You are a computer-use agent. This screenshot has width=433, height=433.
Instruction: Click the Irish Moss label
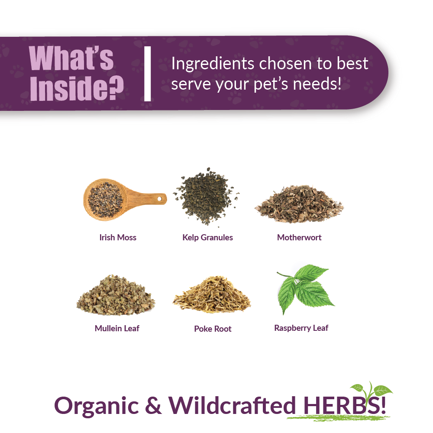[x=118, y=237]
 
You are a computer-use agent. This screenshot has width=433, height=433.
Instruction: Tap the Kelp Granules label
[x=208, y=237]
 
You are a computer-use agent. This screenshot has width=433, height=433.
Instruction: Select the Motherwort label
[x=299, y=237]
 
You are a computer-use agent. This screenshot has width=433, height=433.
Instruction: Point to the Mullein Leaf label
[x=117, y=328]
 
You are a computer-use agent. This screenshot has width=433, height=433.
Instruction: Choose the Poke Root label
[x=213, y=329]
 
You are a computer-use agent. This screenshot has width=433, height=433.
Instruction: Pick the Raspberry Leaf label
[x=301, y=328]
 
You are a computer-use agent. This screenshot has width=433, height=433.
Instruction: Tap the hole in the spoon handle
[x=159, y=199]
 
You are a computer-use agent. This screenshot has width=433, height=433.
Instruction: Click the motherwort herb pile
[x=299, y=204]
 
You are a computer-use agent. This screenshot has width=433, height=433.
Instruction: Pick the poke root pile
[x=212, y=296]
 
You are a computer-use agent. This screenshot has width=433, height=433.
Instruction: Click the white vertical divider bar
[x=147, y=74]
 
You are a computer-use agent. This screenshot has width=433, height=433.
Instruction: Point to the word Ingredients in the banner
[x=212, y=64]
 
